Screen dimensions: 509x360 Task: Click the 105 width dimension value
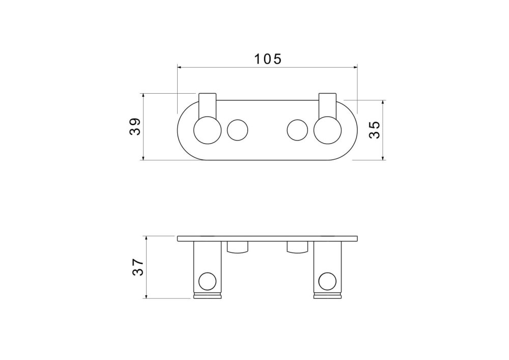pyautogui.click(x=268, y=59)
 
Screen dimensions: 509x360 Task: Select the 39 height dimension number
pyautogui.click(x=135, y=126)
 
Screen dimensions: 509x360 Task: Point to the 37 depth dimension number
pyautogui.click(x=137, y=267)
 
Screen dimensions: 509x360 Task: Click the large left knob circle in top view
pyautogui.click(x=208, y=130)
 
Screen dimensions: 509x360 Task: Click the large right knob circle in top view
pyautogui.click(x=327, y=130)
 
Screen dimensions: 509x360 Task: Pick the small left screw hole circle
pyautogui.click(x=238, y=130)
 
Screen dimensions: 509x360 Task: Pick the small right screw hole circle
pyautogui.click(x=297, y=130)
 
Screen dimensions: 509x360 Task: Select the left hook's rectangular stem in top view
pyautogui.click(x=208, y=105)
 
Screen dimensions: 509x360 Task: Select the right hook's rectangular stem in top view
pyautogui.click(x=327, y=105)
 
